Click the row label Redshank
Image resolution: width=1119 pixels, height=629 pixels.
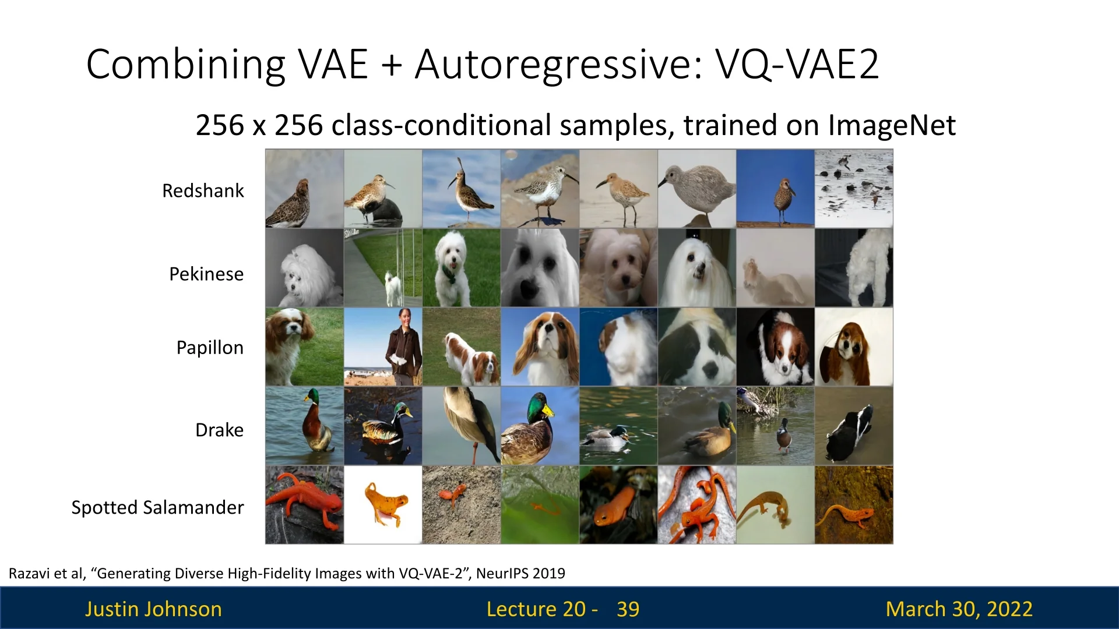pos(203,190)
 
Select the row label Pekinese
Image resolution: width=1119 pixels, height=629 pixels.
pos(206,274)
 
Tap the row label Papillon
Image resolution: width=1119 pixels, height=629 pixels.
pos(210,348)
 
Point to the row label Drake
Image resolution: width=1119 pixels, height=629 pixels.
pos(219,430)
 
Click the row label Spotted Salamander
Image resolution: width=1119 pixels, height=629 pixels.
pos(157,508)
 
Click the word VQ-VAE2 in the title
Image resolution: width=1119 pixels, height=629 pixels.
pos(797,64)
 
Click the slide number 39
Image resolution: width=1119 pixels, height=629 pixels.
pos(628,609)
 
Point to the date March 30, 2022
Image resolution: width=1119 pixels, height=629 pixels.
pos(959,609)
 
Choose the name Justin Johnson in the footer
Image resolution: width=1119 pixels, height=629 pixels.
pos(153,609)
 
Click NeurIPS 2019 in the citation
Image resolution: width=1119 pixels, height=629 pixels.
pos(520,574)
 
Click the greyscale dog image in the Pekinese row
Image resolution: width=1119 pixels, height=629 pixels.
pos(305,268)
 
